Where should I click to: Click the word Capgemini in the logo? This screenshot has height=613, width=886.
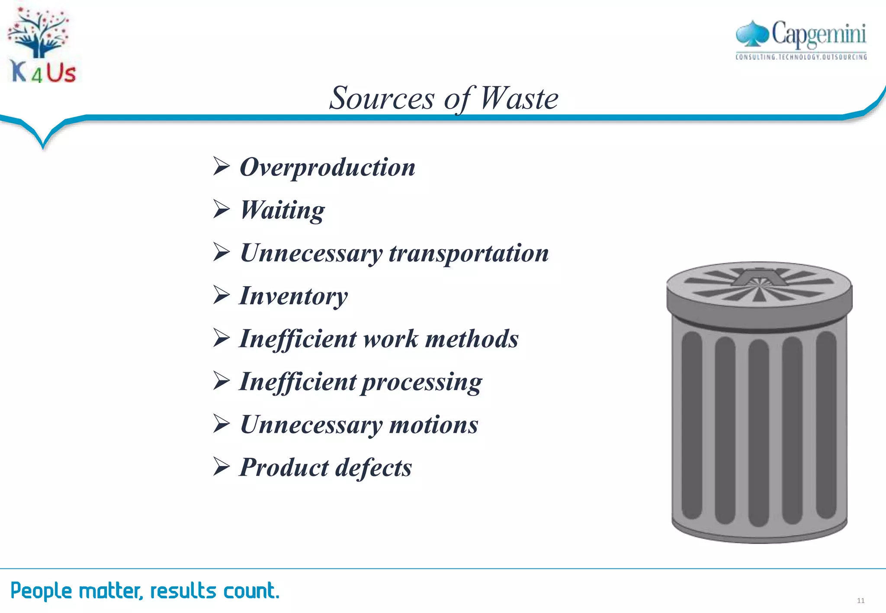pos(819,34)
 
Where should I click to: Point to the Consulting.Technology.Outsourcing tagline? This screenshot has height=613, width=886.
pos(801,57)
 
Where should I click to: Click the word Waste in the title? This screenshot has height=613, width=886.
pos(519,99)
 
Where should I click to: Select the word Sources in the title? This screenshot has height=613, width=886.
pos(382,99)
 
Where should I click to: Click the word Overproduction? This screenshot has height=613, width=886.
pos(327,168)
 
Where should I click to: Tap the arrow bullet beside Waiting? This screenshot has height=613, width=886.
pos(221,209)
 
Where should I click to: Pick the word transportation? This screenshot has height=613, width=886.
pos(469,253)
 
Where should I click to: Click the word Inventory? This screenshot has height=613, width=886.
pos(293,297)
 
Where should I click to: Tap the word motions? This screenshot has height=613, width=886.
pos(434,425)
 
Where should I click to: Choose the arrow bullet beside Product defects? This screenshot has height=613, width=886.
pos(221,467)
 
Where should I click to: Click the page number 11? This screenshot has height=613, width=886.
pos(860,600)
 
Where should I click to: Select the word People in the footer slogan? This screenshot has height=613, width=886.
pos(41,591)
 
